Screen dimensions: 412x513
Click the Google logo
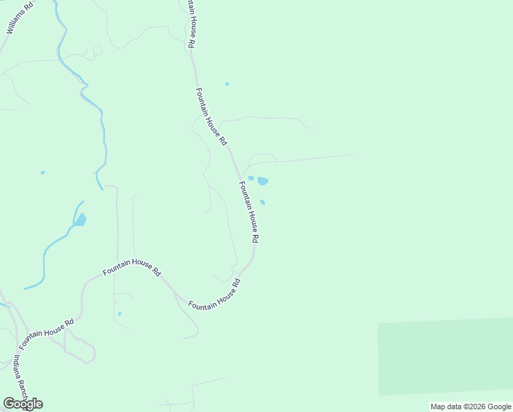23,403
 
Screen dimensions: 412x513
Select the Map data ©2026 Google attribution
470,407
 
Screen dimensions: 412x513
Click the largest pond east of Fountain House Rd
263,181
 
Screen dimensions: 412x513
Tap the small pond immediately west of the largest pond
251,178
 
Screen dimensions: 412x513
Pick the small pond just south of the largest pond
262,202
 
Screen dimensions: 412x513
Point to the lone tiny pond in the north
227,84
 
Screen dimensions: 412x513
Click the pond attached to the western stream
80,220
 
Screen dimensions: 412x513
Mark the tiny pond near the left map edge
43,172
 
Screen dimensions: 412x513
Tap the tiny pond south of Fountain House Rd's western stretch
119,314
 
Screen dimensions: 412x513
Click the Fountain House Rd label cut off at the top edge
190,24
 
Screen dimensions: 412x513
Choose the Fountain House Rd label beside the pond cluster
248,211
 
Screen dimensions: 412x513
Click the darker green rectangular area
445,357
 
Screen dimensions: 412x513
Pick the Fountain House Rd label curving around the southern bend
215,295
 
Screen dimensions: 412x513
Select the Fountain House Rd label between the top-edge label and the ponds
211,116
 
